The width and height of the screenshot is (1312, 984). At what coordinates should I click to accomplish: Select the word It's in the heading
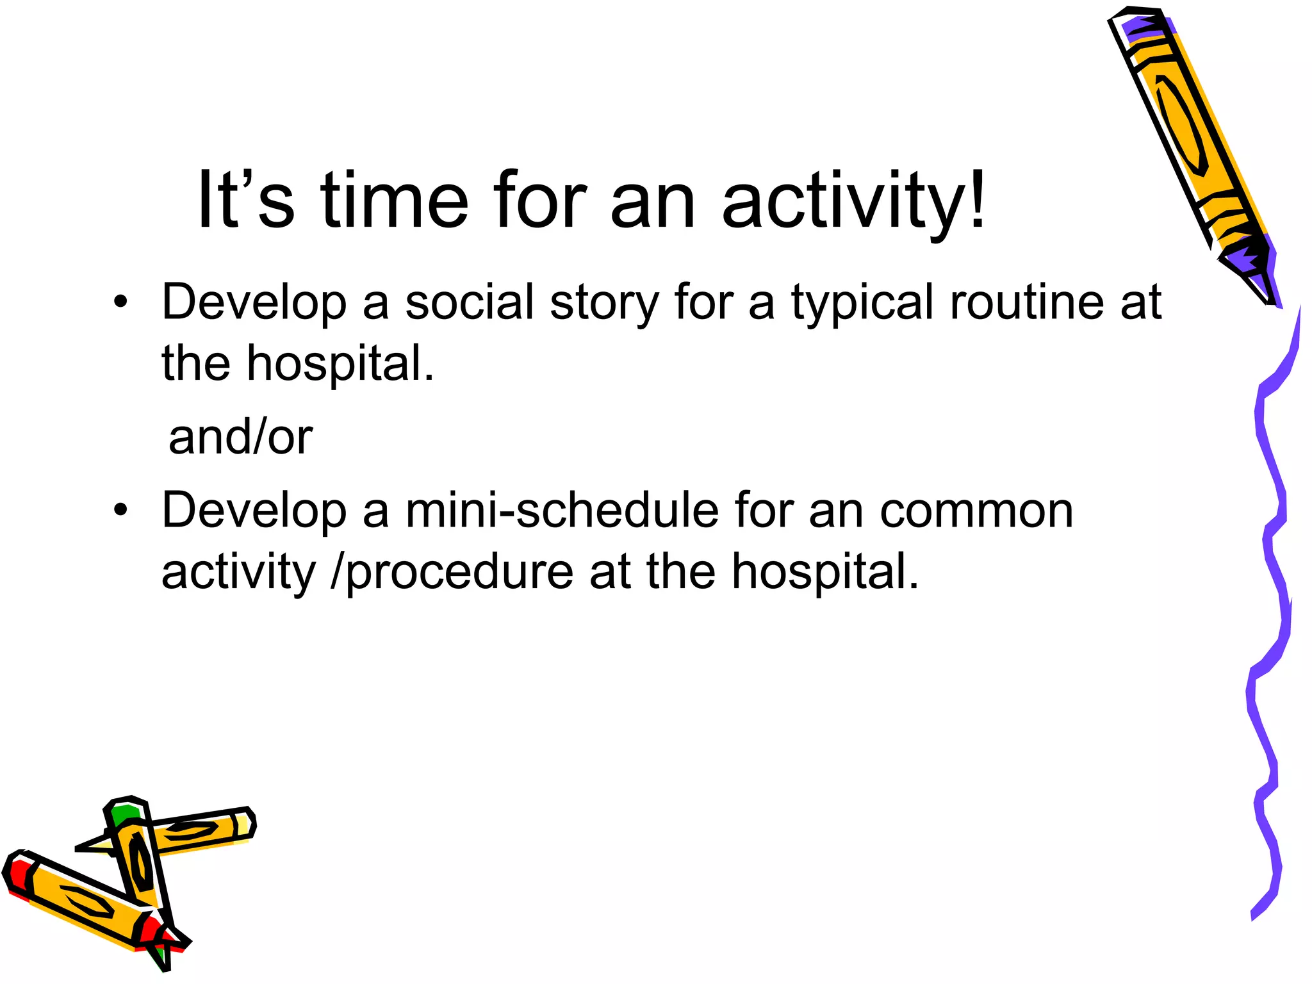(245, 200)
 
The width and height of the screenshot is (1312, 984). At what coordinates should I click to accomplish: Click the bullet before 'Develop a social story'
(120, 301)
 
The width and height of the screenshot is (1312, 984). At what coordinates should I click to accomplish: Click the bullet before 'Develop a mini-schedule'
(120, 510)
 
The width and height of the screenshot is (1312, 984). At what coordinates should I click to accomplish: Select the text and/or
(240, 437)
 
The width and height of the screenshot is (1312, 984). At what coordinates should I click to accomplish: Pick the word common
(976, 512)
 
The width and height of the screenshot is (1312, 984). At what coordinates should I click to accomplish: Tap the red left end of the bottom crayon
(15, 874)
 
